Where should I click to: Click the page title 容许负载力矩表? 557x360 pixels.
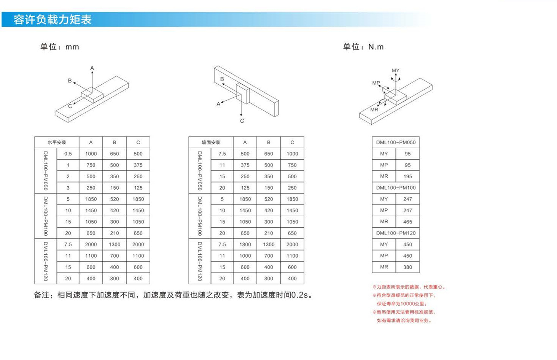53,20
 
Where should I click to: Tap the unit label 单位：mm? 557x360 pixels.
60,47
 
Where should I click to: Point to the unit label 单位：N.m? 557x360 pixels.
363,47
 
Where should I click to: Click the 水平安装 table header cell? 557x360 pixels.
57,142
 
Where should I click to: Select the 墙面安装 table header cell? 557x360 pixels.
211,142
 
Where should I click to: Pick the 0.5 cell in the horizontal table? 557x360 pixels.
68,154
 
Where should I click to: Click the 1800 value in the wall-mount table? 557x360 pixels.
245,244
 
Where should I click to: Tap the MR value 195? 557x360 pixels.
407,176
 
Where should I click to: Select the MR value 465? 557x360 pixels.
407,222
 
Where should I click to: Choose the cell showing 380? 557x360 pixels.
407,267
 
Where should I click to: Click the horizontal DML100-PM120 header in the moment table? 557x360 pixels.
396,233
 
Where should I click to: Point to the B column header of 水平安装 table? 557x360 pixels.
115,142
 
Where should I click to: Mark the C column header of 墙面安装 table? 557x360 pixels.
292,142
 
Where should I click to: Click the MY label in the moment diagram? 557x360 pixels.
395,71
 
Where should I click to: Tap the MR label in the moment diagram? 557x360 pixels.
374,109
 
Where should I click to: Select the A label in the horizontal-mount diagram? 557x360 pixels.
92,68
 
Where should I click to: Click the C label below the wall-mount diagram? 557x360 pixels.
242,121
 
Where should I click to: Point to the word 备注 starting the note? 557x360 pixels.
41,295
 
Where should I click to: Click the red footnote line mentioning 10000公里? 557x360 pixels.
402,304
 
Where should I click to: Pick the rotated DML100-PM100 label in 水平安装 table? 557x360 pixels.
46,216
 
